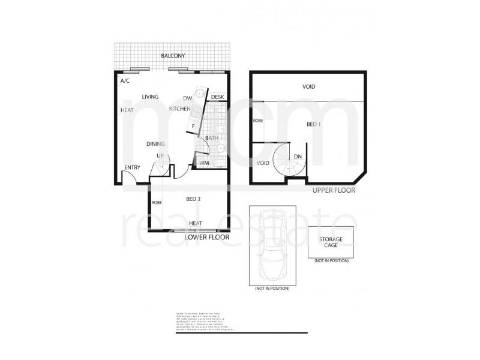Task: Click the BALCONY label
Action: (173, 56)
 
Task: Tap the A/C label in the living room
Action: (125, 81)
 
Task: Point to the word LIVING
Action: (150, 97)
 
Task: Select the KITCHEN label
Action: (180, 109)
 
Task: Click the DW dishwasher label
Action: (187, 98)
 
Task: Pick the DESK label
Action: (217, 97)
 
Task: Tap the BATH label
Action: (212, 139)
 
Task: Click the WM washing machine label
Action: (204, 163)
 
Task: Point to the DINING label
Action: (156, 144)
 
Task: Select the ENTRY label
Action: (132, 167)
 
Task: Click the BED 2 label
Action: (193, 199)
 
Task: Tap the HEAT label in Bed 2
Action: (196, 223)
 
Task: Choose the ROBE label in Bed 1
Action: (258, 121)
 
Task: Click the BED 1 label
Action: (314, 124)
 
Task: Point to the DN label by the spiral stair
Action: (298, 157)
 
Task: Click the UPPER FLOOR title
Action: (334, 190)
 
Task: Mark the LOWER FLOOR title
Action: (208, 237)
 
